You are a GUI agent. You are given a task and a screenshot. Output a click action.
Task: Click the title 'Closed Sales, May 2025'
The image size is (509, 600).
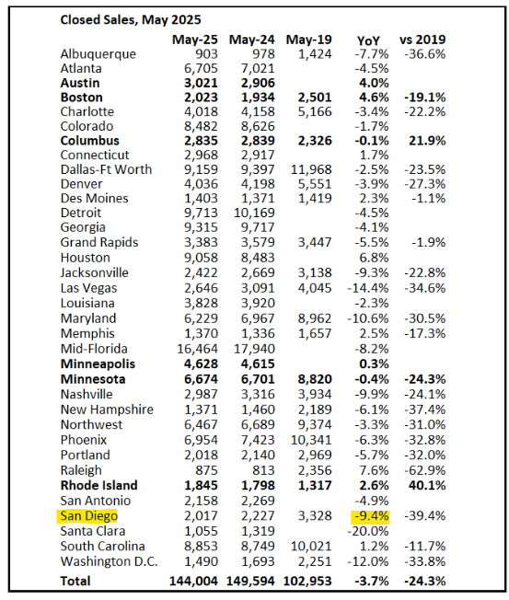pyautogui.click(x=131, y=20)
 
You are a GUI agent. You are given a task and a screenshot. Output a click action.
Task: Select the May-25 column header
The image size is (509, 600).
pyautogui.click(x=195, y=40)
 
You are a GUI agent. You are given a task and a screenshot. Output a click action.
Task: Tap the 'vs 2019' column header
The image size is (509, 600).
pyautogui.click(x=422, y=40)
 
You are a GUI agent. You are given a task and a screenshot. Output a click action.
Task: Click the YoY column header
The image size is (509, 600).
pyautogui.click(x=368, y=40)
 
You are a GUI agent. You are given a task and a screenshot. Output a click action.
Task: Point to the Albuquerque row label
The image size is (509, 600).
pyautogui.click(x=98, y=54)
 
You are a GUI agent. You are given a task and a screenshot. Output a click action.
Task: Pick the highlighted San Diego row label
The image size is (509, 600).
pyautogui.click(x=88, y=516)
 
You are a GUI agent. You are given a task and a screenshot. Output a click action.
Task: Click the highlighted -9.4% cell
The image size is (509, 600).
pyautogui.click(x=371, y=516)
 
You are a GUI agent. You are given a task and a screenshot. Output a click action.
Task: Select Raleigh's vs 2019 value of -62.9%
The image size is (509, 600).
pyautogui.click(x=425, y=470)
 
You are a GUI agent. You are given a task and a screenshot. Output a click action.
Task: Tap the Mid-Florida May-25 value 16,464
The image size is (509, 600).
pyautogui.click(x=197, y=349)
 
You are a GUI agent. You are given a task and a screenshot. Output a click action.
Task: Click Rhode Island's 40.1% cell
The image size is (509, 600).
pyautogui.click(x=427, y=486)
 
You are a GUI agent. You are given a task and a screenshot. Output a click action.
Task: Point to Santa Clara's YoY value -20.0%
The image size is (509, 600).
pyautogui.click(x=368, y=532)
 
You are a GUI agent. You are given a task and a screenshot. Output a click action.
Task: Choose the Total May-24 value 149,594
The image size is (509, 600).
pyautogui.click(x=250, y=582)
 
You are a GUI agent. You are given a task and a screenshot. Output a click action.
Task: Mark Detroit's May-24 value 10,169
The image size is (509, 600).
pyautogui.click(x=254, y=213)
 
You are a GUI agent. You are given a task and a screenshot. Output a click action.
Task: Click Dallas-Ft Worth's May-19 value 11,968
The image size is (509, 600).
pyautogui.click(x=311, y=169)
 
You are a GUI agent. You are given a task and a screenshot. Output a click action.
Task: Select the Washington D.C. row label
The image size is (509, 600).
pyautogui.click(x=109, y=561)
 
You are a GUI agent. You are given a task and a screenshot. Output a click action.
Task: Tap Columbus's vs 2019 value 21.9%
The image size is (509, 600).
pyautogui.click(x=427, y=141)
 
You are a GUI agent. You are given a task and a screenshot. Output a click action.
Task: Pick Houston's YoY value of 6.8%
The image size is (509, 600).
pyautogui.click(x=374, y=258)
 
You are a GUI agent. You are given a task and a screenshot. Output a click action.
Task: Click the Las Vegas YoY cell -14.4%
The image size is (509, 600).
pyautogui.click(x=368, y=288)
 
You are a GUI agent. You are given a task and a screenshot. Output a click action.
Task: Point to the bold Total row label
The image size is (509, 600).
pyautogui.click(x=75, y=582)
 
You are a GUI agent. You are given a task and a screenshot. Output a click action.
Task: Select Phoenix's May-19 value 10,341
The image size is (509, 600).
pyautogui.click(x=311, y=440)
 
